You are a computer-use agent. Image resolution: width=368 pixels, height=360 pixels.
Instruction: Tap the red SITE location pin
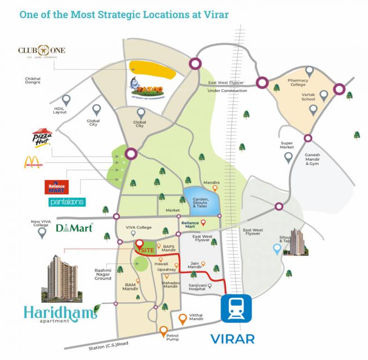[140, 246]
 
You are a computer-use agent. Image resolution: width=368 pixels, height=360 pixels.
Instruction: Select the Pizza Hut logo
[42, 139]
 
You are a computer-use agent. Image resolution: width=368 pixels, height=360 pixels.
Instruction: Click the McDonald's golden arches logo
[33, 163]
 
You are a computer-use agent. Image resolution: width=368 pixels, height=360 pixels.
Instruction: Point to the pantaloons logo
[67, 202]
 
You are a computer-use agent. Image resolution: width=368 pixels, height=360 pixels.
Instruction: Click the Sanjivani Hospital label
[197, 286]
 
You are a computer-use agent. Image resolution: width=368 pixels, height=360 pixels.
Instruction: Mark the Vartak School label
[308, 96]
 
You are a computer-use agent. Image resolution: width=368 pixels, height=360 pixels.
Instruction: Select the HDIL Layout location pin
[66, 100]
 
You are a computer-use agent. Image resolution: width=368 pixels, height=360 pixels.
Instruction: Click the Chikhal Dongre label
[34, 80]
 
